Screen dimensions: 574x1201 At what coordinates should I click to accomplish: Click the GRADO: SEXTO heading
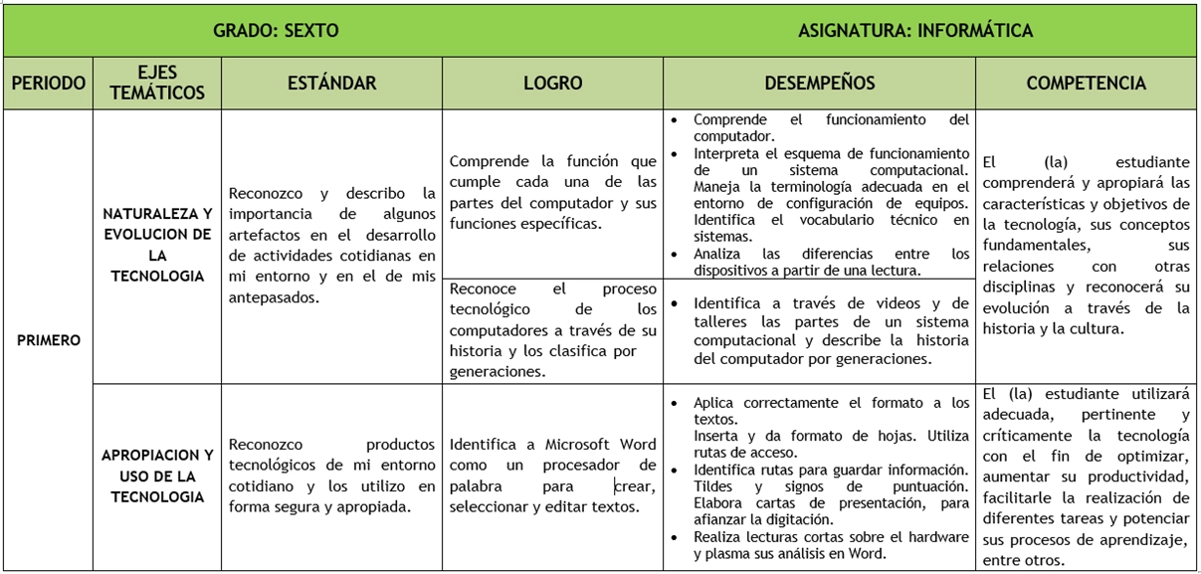click(x=276, y=30)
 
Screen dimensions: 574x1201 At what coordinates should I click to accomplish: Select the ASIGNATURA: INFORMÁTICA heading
click(x=914, y=30)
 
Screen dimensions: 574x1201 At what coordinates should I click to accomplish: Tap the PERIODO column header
click(x=48, y=84)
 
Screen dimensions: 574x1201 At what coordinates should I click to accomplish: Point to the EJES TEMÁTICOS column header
click(x=157, y=84)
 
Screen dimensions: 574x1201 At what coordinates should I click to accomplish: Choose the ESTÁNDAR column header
click(x=331, y=84)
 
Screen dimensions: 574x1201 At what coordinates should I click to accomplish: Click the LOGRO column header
click(x=552, y=84)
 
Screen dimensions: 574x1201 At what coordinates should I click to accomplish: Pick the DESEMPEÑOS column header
click(x=820, y=84)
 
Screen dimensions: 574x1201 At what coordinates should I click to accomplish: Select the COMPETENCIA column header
click(x=1086, y=84)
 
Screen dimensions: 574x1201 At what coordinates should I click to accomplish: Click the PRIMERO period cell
click(x=48, y=340)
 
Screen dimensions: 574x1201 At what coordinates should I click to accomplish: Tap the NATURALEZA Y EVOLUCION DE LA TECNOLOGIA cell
click(x=157, y=245)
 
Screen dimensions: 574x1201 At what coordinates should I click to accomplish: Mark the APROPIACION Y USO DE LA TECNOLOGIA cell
click(x=157, y=476)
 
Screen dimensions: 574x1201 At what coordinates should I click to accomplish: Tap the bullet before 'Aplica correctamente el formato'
click(x=677, y=403)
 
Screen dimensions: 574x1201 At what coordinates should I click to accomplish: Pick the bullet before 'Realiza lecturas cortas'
click(x=677, y=537)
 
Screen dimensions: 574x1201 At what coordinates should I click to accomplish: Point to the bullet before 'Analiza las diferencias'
click(x=677, y=254)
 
